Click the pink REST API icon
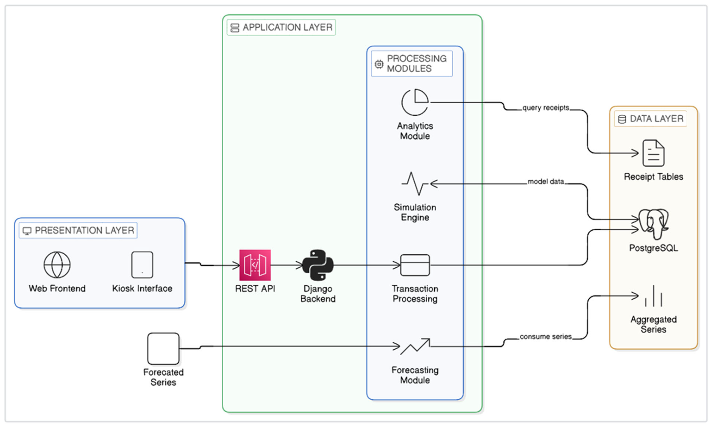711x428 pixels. tap(255, 265)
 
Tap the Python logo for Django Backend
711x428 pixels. tap(318, 265)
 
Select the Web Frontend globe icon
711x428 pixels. tap(57, 265)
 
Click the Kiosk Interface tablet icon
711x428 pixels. tap(142, 265)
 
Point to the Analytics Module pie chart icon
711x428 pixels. tap(415, 102)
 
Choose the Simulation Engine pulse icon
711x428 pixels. tap(415, 183)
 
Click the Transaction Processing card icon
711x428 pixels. tap(415, 265)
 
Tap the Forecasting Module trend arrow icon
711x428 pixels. tap(415, 346)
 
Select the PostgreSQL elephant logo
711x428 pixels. tap(654, 224)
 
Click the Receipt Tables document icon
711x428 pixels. tap(654, 153)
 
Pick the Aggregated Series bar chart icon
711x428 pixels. tap(654, 296)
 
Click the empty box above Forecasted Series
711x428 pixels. tap(163, 349)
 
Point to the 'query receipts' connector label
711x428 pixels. tap(546, 107)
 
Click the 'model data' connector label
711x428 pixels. tap(546, 181)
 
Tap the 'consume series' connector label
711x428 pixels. tap(546, 336)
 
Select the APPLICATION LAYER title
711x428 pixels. tap(287, 27)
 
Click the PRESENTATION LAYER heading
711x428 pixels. tap(84, 230)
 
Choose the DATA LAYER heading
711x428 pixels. tap(656, 119)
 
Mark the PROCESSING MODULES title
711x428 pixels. tap(417, 63)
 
